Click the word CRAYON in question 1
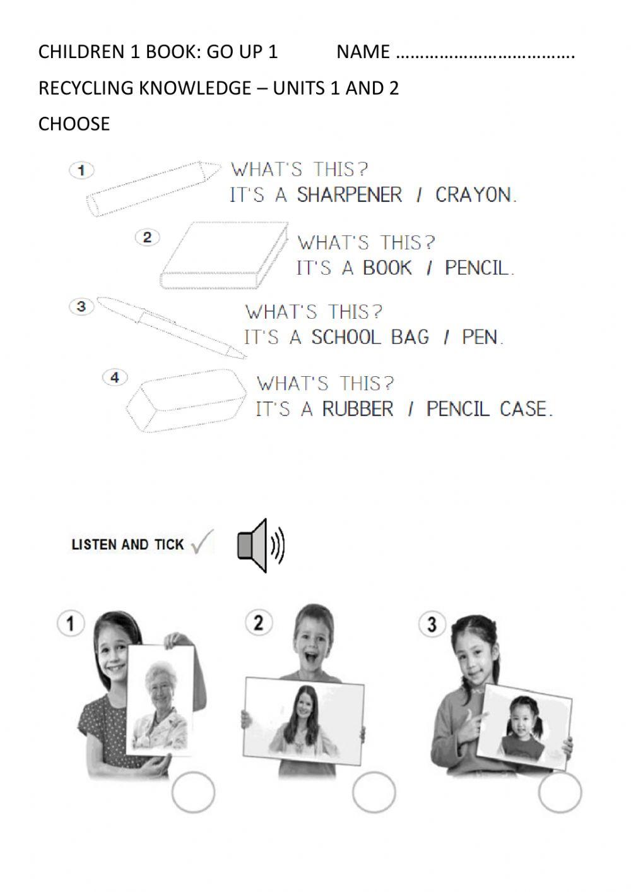(475, 194)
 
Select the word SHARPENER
(349, 194)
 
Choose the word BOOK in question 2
(387, 268)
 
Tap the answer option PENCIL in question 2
(478, 268)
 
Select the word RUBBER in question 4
(357, 409)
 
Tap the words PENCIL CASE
(488, 409)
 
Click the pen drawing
(174, 327)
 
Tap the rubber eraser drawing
(186, 401)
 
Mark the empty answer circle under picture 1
(193, 792)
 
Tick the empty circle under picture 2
(374, 792)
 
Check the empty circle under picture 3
(560, 792)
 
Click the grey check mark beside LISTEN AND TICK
(202, 542)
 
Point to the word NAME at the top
(363, 52)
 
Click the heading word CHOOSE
(74, 124)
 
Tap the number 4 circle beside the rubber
(114, 378)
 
